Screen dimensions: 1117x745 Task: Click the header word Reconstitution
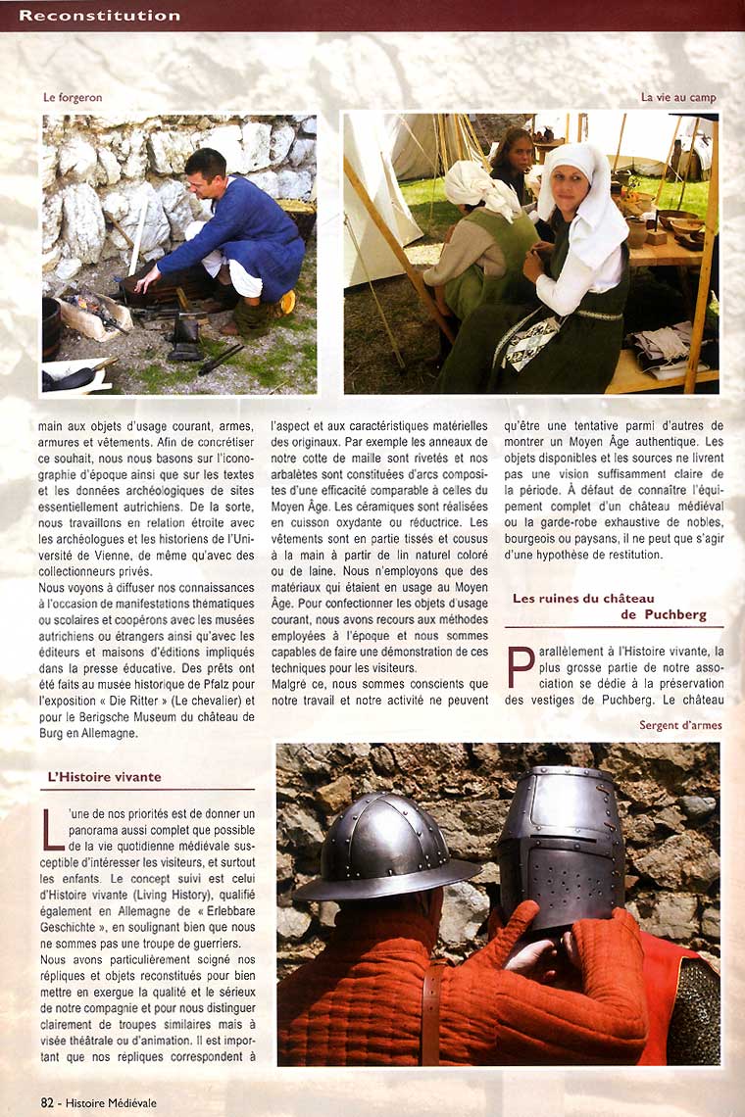tap(100, 16)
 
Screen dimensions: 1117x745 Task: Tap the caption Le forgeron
tap(73, 98)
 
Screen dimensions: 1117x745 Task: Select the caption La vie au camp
tap(678, 98)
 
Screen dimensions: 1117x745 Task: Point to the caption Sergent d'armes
tap(680, 725)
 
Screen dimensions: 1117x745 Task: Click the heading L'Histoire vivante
tap(104, 777)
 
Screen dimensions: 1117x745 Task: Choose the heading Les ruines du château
tap(583, 598)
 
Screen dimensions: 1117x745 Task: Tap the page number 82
tap(47, 1102)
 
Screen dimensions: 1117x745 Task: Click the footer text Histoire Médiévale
tap(110, 1102)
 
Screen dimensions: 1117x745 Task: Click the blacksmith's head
tap(206, 167)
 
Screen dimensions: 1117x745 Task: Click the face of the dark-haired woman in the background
tap(516, 155)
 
